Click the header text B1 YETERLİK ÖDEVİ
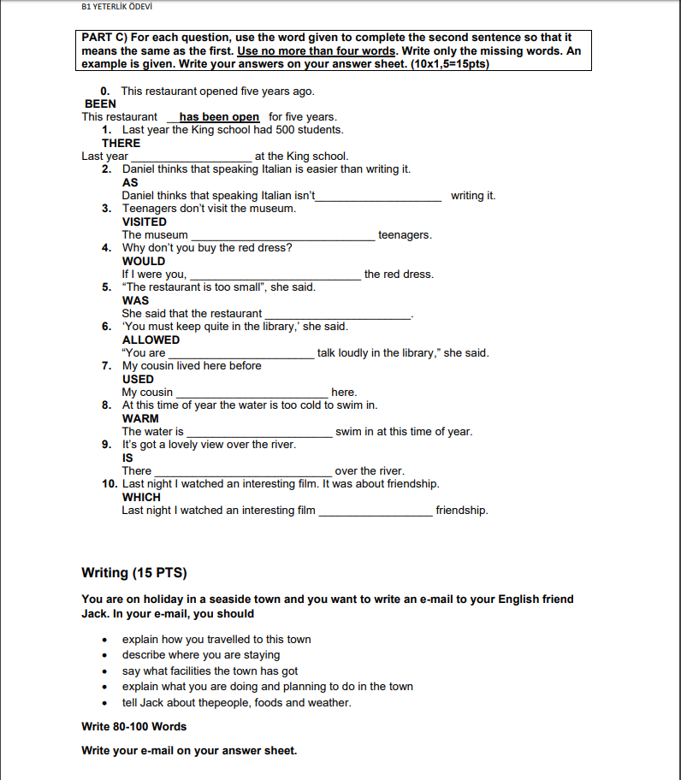pyautogui.click(x=116, y=8)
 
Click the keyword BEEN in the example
pyautogui.click(x=100, y=103)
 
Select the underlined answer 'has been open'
pyautogui.click(x=219, y=117)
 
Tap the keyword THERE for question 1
pyautogui.click(x=121, y=143)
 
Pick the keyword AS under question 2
pyautogui.click(x=130, y=182)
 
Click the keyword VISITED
pyautogui.click(x=144, y=222)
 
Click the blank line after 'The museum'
pyautogui.click(x=282, y=235)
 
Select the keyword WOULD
pyautogui.click(x=144, y=261)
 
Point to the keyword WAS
pyautogui.click(x=135, y=300)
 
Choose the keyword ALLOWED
pyautogui.click(x=151, y=340)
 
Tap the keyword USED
pyautogui.click(x=138, y=379)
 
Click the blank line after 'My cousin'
pyautogui.click(x=252, y=393)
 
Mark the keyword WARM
pyautogui.click(x=140, y=418)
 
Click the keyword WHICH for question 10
pyautogui.click(x=141, y=497)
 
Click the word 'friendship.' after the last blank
pyautogui.click(x=462, y=511)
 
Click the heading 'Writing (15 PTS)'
pyautogui.click(x=133, y=572)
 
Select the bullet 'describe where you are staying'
pyautogui.click(x=201, y=655)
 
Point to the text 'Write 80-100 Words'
pyautogui.click(x=133, y=726)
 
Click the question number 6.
pyautogui.click(x=106, y=327)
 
